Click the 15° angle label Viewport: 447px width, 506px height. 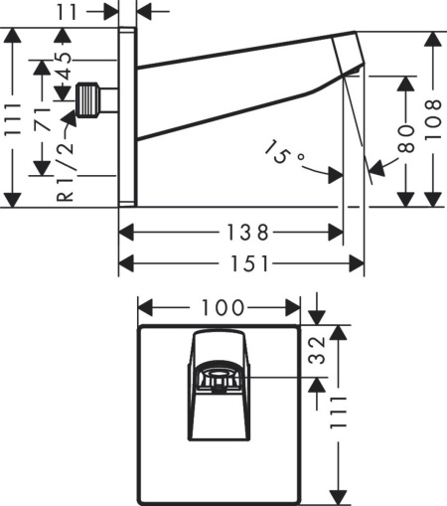point(285,154)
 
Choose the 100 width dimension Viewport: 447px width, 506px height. point(219,306)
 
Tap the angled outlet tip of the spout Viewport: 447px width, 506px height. point(350,55)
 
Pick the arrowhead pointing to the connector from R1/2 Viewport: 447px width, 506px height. point(71,118)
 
